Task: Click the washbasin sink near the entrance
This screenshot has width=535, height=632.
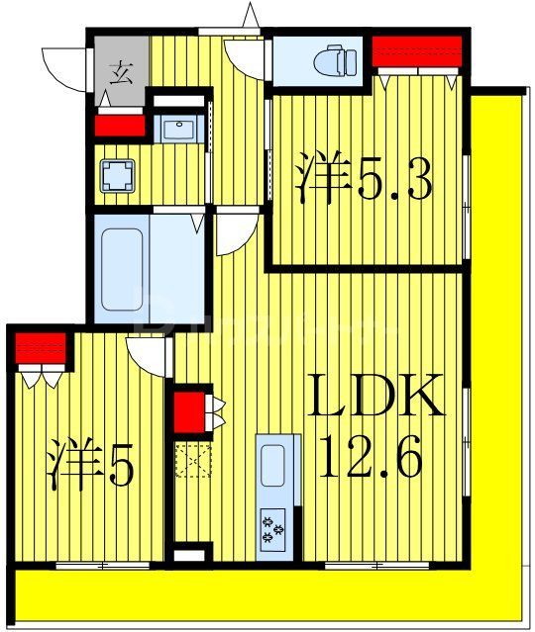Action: coord(179,129)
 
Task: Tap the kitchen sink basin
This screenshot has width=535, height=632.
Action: coord(272,465)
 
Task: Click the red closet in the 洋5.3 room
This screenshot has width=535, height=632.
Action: coord(416,49)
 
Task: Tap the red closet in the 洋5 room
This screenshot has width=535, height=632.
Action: coord(40,349)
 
